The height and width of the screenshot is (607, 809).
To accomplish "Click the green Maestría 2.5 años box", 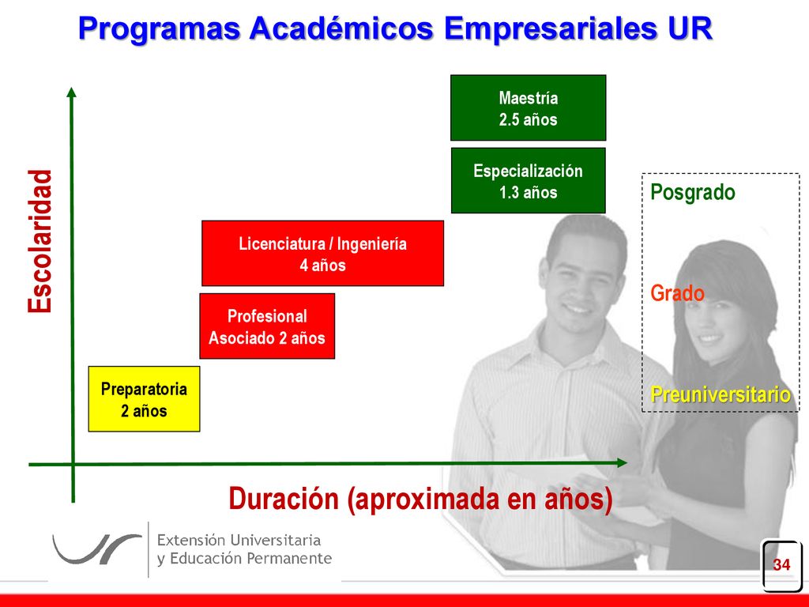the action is tap(529, 107).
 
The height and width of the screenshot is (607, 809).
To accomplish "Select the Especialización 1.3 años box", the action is tap(529, 181).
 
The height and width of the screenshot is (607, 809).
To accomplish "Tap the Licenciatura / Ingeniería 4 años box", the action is tap(322, 254).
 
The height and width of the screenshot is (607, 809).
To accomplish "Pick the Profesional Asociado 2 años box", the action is tap(267, 326).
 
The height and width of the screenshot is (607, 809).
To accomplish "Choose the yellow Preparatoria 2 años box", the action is tap(144, 399).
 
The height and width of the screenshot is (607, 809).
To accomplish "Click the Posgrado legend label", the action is tap(692, 193).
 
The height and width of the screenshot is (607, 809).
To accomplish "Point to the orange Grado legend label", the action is tap(677, 293).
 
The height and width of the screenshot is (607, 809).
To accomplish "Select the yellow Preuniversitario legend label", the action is tap(721, 395).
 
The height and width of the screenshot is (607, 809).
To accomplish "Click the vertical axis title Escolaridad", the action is tap(40, 241).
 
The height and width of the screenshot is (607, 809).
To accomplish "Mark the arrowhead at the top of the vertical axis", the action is tap(72, 92).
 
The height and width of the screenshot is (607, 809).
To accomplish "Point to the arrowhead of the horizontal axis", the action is tap(622, 463).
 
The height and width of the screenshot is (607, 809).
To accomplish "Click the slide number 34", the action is tap(781, 564).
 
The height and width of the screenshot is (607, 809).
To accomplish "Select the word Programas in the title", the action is tap(160, 28).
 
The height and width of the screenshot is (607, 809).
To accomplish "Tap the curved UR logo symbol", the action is tap(96, 549).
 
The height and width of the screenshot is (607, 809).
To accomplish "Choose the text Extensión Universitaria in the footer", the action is tap(239, 541).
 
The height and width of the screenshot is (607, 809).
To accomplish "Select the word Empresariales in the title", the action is tap(551, 29).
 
